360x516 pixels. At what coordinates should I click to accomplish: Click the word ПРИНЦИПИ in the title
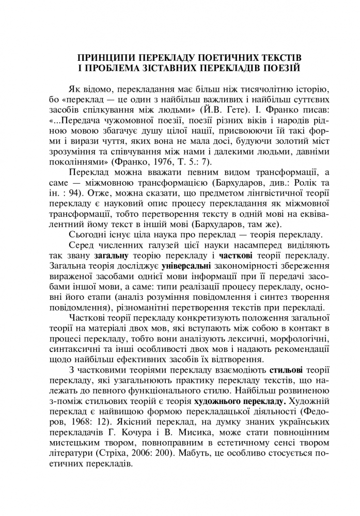tap(101, 56)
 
